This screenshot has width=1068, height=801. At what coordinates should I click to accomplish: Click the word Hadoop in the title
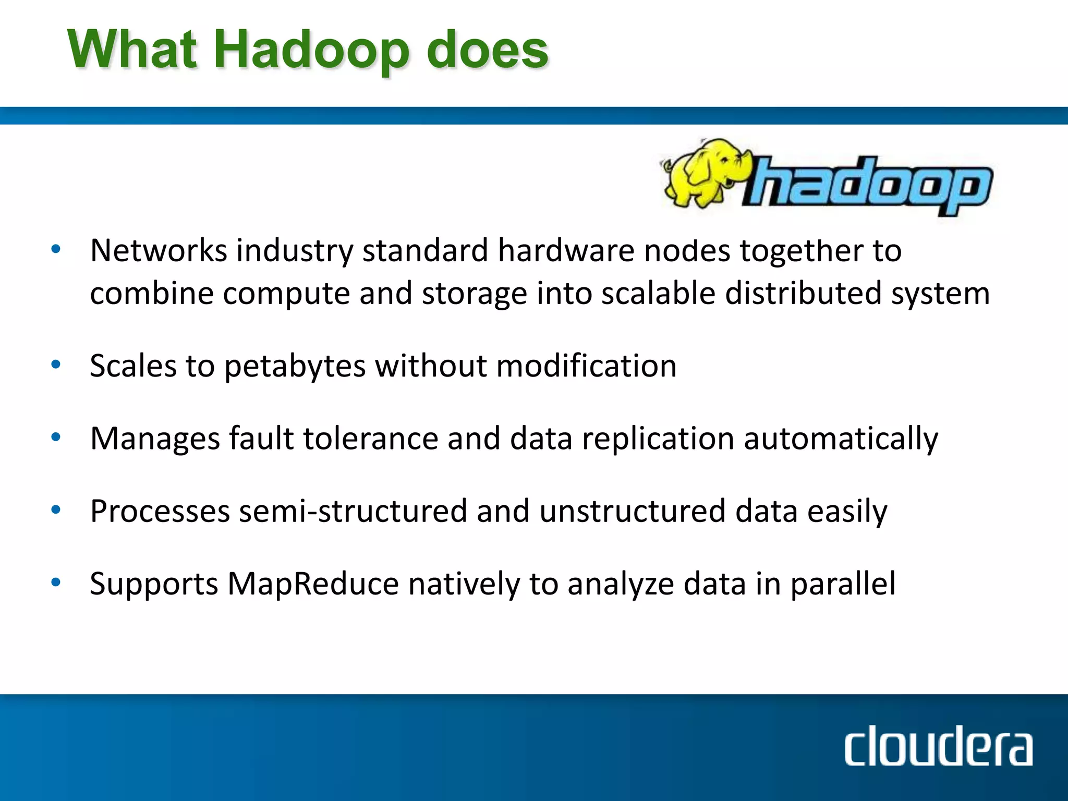coord(312,50)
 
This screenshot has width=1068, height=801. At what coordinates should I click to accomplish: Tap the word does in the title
coord(487,50)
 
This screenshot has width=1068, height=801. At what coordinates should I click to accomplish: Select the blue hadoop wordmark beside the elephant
coord(868,185)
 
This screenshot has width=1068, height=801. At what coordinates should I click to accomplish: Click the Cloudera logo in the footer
coord(938,747)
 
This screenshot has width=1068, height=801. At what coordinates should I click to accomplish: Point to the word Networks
coord(159,250)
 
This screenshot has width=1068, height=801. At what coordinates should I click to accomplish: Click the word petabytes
coord(295,366)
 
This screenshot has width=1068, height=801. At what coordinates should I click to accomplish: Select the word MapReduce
coord(313,584)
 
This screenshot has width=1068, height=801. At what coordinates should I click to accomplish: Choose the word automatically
coord(841,439)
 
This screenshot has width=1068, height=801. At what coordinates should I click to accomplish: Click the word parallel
coord(843,584)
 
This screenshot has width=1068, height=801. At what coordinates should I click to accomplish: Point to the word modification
coord(586,366)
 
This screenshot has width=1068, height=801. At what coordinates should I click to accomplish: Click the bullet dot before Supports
coord(56,582)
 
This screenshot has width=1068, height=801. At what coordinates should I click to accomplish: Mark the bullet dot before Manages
coord(56,438)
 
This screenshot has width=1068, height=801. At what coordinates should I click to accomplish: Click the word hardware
coord(566,250)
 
